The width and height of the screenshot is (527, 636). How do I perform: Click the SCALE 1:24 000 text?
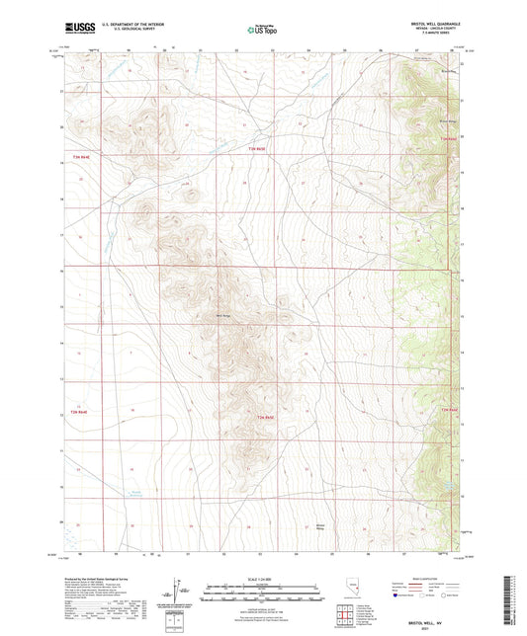pos(263,579)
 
